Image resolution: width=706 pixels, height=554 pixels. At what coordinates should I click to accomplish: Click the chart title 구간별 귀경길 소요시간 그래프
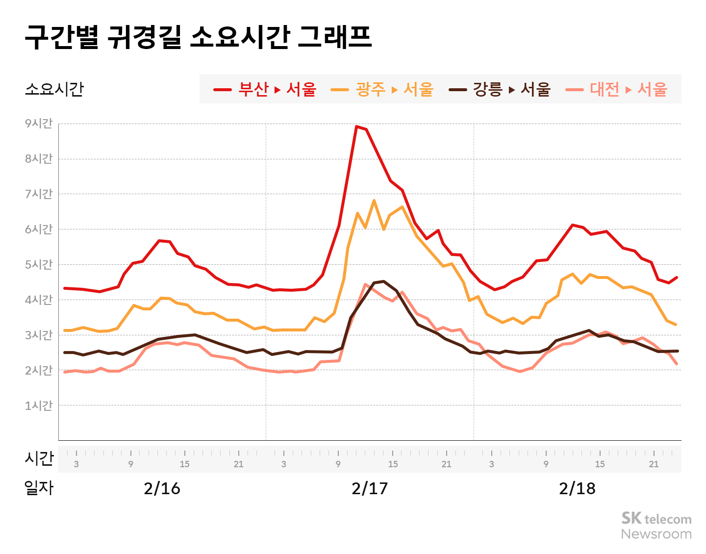tap(198, 37)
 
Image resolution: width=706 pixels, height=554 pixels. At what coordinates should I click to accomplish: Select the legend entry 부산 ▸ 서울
tap(265, 89)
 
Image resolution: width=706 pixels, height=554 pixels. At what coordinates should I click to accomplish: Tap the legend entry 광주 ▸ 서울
tap(382, 89)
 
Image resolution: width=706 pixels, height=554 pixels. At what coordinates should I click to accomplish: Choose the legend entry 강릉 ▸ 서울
tap(500, 89)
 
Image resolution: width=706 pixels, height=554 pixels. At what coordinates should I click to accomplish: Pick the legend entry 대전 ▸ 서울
tap(616, 89)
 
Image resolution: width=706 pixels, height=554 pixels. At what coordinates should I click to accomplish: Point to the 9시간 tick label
tap(39, 124)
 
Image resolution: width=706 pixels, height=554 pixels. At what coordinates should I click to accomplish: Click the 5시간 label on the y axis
tap(39, 265)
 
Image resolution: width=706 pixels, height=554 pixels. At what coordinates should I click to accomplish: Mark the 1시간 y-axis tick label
tap(39, 406)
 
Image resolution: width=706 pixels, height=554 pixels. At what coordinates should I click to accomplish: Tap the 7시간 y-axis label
tap(39, 194)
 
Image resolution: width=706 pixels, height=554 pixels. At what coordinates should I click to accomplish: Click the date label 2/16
tap(162, 488)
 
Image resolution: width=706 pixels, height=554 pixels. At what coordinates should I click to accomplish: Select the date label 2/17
tap(370, 488)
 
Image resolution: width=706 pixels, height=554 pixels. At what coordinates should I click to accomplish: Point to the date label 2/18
tap(577, 488)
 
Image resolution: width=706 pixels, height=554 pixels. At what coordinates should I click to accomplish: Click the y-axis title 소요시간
tap(54, 89)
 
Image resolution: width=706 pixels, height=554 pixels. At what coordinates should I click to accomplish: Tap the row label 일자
tap(39, 488)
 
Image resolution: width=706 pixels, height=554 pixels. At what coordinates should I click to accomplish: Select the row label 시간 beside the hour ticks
tap(39, 458)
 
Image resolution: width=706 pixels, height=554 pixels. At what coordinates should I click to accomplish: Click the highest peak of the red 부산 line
tap(356, 126)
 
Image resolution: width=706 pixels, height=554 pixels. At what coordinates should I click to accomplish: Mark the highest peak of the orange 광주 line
tap(374, 201)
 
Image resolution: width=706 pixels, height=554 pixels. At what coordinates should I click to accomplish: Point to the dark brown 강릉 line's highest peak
tap(383, 281)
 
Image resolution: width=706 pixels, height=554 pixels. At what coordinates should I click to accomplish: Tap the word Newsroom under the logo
tap(656, 534)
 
